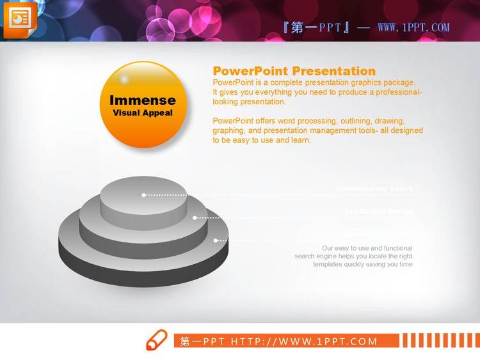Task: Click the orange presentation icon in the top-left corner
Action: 20,19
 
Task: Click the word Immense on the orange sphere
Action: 142,100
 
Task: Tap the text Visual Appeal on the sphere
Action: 142,113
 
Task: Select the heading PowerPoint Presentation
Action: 294,71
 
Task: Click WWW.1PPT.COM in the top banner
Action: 413,27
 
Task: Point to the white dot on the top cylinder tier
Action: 144,194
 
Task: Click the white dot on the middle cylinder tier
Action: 195,217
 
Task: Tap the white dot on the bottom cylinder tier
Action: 216,240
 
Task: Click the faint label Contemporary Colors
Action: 374,189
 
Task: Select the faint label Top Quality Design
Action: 378,211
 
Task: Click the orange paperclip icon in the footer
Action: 156,340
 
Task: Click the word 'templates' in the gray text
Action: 328,264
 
